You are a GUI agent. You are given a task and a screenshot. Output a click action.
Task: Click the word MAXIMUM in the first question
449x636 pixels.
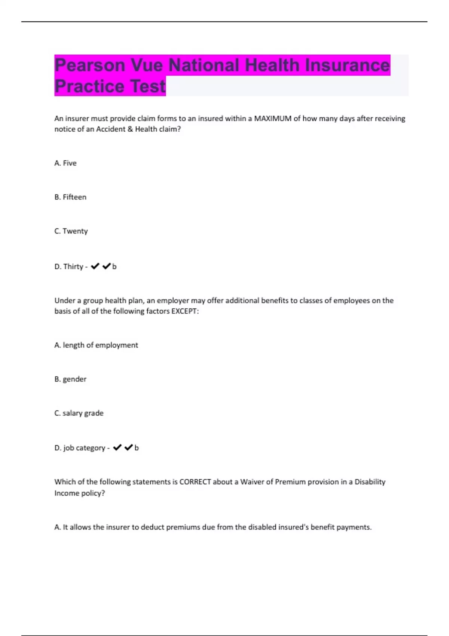click(x=272, y=119)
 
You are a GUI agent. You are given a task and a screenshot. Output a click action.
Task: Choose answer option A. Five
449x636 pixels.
click(x=65, y=163)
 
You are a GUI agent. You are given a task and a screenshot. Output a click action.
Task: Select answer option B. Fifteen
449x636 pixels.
click(x=70, y=197)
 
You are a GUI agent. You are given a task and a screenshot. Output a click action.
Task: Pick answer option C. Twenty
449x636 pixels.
click(x=71, y=231)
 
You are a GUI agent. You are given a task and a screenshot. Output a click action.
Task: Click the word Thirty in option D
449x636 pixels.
click(x=73, y=266)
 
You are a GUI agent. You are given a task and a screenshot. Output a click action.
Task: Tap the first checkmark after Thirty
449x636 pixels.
click(x=95, y=266)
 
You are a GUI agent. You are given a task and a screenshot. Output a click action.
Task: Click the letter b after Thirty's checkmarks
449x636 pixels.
click(x=114, y=266)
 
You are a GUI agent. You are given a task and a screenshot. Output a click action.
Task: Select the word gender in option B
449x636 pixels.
click(x=74, y=379)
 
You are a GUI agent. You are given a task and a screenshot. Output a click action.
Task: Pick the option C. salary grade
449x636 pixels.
click(x=79, y=413)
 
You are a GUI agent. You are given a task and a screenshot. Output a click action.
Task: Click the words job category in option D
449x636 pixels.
click(x=84, y=448)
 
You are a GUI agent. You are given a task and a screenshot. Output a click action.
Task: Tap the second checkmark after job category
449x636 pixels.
click(x=128, y=447)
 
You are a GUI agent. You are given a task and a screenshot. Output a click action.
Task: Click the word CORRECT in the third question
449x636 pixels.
click(x=195, y=482)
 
